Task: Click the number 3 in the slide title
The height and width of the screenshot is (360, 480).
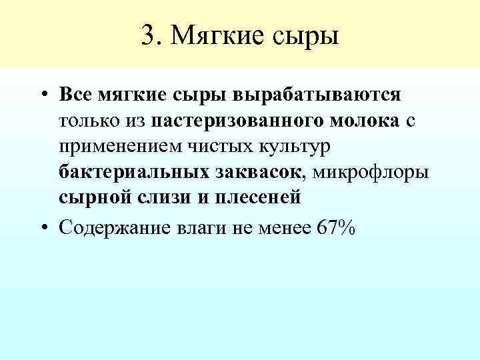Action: [x=148, y=34]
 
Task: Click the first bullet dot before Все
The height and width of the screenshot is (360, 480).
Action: [x=42, y=95]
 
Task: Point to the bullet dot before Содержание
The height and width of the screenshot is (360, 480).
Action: [x=42, y=228]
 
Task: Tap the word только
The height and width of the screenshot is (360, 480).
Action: [x=89, y=121]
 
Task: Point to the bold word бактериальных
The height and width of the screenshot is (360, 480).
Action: [x=133, y=173]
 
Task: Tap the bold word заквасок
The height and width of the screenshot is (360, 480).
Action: [x=258, y=173]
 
